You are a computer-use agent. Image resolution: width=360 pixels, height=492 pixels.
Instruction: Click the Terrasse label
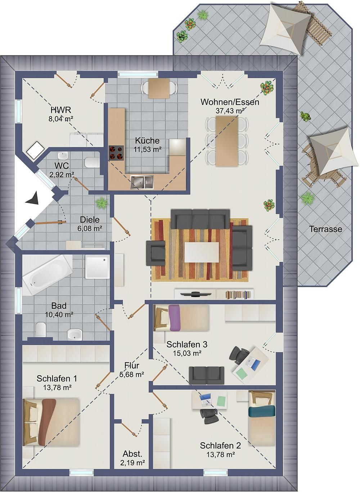click(325, 229)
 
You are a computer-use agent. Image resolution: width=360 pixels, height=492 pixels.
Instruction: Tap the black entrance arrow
click(32, 198)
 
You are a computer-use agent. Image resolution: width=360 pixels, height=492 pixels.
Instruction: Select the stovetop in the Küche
click(116, 153)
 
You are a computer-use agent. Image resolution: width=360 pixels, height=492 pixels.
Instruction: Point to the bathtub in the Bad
click(47, 275)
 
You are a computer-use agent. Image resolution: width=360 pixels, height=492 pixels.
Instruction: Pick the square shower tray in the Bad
click(98, 267)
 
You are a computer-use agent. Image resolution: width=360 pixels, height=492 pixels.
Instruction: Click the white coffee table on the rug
click(202, 252)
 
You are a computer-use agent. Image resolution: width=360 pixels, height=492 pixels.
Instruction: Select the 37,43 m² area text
click(230, 111)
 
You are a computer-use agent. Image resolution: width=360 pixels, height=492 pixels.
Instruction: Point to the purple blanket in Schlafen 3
click(174, 318)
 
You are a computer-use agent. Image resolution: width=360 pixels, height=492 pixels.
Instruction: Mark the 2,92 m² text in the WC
click(62, 175)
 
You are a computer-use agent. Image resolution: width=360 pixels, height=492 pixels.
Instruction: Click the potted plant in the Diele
click(102, 202)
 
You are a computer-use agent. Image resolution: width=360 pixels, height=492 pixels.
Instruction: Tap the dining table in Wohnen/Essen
click(227, 141)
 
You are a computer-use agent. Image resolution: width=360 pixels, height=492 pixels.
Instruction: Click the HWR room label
click(61, 110)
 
